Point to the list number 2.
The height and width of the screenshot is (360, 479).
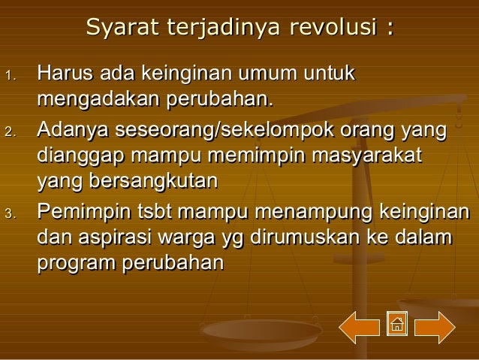[10, 133]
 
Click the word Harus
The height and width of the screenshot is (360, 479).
[64, 74]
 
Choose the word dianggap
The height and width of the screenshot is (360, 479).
[80, 156]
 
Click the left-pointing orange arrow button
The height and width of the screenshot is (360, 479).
[359, 327]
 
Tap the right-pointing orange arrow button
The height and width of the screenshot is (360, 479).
[435, 327]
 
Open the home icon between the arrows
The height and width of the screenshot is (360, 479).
[396, 324]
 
